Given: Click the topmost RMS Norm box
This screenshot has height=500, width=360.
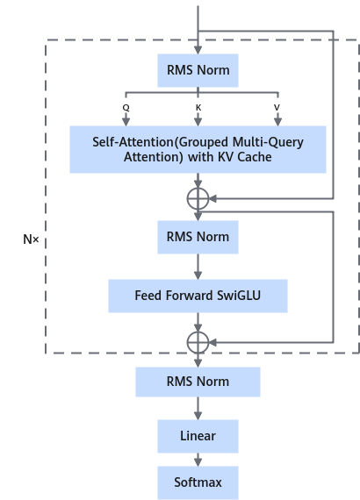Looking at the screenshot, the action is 198,70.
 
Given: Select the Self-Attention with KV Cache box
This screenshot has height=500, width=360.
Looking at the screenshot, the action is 198,149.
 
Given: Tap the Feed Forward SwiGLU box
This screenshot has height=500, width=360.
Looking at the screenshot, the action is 198,296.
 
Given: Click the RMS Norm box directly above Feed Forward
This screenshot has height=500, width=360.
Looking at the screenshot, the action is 198,237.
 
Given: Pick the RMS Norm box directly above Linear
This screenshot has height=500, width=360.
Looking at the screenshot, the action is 198,382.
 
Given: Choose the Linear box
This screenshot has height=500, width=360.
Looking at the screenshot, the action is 198,436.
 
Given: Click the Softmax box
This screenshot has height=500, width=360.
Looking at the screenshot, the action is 198,482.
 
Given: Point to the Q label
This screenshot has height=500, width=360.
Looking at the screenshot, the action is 126,108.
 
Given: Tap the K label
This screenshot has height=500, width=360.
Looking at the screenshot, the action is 198,108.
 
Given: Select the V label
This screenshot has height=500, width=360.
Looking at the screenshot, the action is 277,108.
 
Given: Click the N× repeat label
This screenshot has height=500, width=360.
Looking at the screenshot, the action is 31,239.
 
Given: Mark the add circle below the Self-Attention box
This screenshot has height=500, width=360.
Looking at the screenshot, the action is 198,188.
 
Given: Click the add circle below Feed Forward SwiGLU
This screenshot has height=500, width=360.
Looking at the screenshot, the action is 198,332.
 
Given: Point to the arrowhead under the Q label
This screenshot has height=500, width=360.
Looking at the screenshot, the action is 126,122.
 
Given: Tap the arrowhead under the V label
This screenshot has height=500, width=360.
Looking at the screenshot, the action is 278,122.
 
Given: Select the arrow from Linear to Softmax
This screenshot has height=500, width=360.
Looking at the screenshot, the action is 198,460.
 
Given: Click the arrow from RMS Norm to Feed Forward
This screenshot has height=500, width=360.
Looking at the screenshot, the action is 198,267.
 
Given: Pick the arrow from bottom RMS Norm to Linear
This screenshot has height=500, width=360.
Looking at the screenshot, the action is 198,409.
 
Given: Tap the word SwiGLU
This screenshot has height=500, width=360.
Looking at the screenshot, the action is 239,296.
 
